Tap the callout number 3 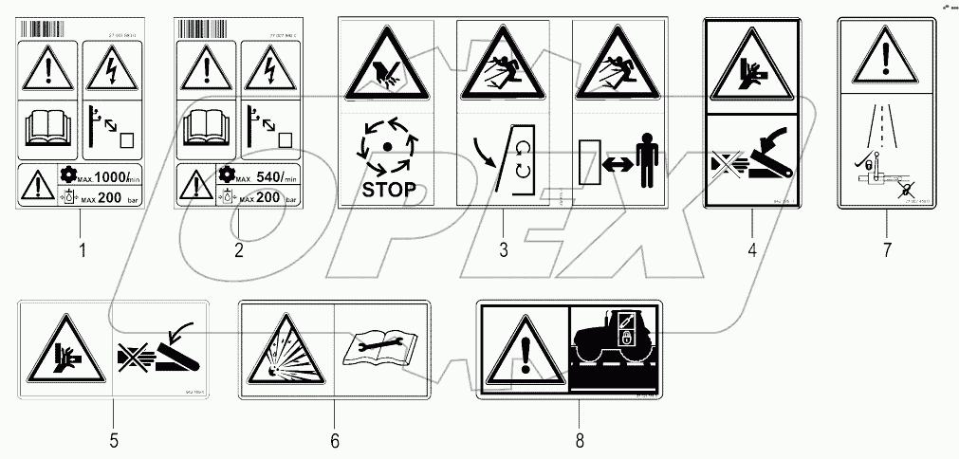[x=503, y=250]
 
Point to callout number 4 [x=752, y=250]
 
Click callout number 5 [x=113, y=440]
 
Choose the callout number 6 [x=334, y=440]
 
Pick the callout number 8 [x=579, y=440]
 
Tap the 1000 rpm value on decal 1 [x=100, y=176]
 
